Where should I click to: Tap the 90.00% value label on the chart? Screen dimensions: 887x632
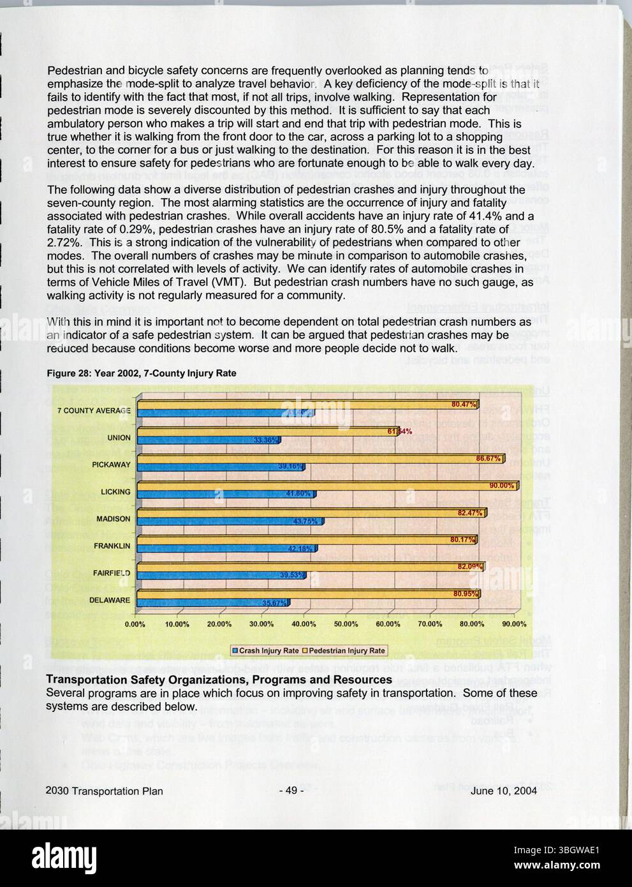point(501,486)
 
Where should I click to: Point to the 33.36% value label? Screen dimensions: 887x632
point(265,440)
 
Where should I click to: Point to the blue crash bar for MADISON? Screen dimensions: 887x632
point(230,521)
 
